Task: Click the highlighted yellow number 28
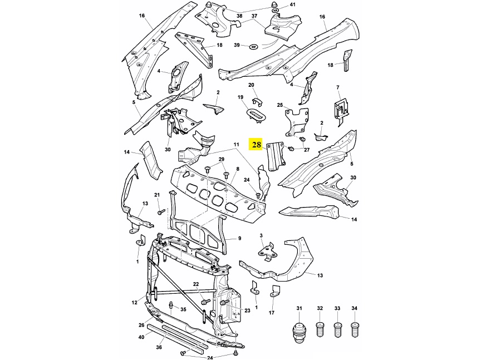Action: coord(256,145)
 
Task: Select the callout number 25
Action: coord(280,105)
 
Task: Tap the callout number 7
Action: coord(337,88)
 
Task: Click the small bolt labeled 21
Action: coord(160,211)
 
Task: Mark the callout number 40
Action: coord(141,337)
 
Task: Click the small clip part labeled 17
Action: coord(275,295)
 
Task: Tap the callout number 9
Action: coord(239,238)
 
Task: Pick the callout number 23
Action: coord(247,310)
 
